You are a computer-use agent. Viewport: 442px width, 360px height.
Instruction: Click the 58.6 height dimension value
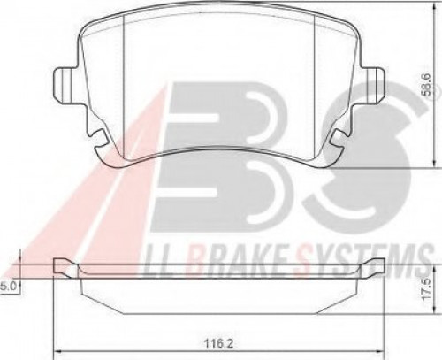pyautogui.click(x=426, y=85)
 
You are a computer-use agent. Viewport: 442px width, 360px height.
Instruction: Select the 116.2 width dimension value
pyautogui.click(x=218, y=343)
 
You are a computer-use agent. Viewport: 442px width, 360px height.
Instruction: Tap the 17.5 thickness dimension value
pyautogui.click(x=426, y=289)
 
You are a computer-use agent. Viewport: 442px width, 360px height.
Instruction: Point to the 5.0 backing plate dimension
pyautogui.click(x=9, y=287)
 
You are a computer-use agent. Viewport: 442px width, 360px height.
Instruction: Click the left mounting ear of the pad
pyautogui.click(x=65, y=85)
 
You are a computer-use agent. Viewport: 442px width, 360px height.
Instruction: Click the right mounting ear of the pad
pyautogui.click(x=373, y=85)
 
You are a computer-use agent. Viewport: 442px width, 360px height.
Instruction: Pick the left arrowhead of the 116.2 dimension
pyautogui.click(x=58, y=351)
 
